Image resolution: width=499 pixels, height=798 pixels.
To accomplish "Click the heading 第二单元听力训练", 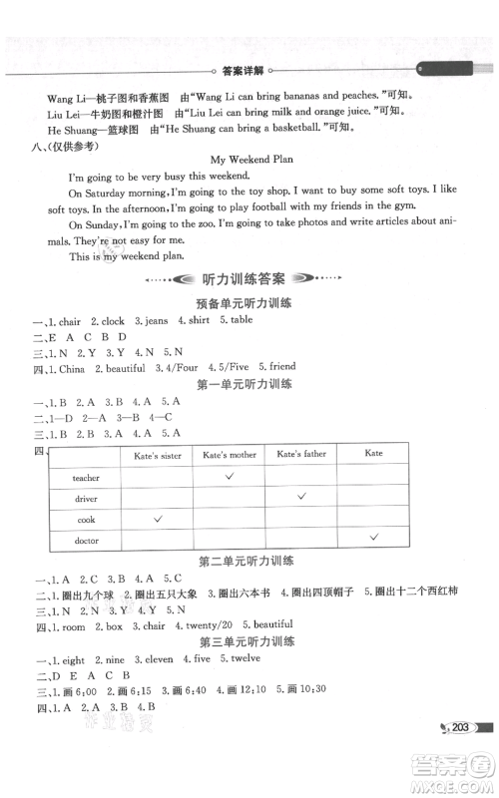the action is pos(249,561).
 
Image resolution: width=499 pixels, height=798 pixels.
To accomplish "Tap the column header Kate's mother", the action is pos(231,456).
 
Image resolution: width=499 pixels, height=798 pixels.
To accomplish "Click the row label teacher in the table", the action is pos(86,478).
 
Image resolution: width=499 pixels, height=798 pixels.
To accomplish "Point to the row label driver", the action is pos(86,498).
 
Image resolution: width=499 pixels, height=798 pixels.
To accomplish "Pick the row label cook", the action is pos(86,519).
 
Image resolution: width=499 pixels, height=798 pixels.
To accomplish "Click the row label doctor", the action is pos(86,540).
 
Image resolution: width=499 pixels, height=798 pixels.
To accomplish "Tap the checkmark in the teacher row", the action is pos(231,477).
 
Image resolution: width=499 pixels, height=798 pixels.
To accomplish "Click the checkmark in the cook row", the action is pos(158,519).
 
